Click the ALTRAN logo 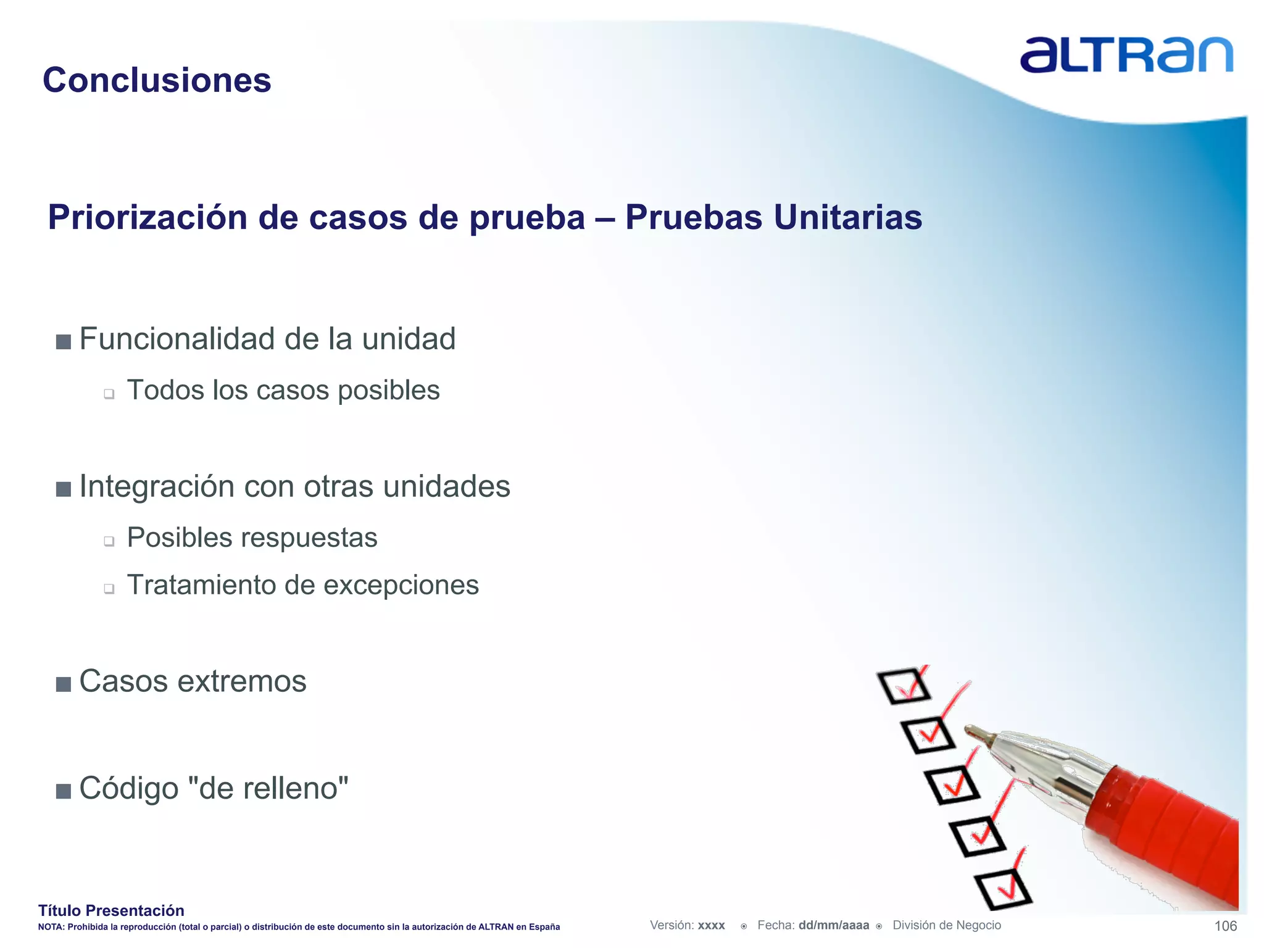click(x=1126, y=56)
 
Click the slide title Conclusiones click(x=157, y=80)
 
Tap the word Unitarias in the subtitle click(x=847, y=217)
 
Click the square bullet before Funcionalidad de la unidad click(x=63, y=341)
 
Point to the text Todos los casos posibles click(x=283, y=390)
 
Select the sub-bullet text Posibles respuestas click(x=252, y=537)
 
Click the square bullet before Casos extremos click(x=63, y=684)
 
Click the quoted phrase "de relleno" click(x=267, y=788)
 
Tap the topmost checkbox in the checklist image click(x=904, y=686)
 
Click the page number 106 click(x=1225, y=926)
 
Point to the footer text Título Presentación click(x=111, y=910)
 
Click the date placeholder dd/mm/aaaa click(x=833, y=925)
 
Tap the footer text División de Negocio click(x=946, y=925)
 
